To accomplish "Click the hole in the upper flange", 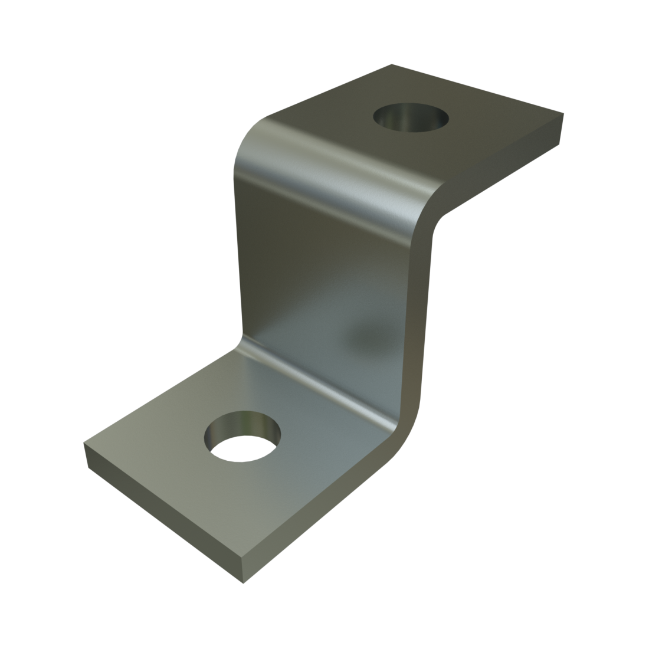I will click(x=411, y=119).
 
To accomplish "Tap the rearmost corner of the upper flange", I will click(x=391, y=65).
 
